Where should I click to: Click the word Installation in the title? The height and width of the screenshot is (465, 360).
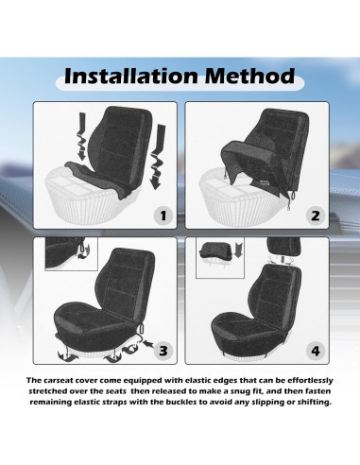(x=131, y=76)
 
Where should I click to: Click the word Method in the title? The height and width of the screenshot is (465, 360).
(x=249, y=76)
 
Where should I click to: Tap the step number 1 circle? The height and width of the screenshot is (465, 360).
(x=163, y=215)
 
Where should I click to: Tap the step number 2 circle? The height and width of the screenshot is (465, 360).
(x=316, y=215)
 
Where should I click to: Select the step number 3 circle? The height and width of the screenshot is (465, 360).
(x=163, y=351)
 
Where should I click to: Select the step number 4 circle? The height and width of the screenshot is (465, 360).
(x=316, y=351)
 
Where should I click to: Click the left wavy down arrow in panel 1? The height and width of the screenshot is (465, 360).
(x=81, y=136)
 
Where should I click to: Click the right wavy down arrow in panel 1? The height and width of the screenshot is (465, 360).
(x=158, y=157)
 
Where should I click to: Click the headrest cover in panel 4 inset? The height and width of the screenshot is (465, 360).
(x=215, y=251)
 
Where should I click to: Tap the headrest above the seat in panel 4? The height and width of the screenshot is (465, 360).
(x=283, y=247)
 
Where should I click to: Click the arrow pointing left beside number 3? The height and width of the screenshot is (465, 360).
(x=149, y=343)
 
